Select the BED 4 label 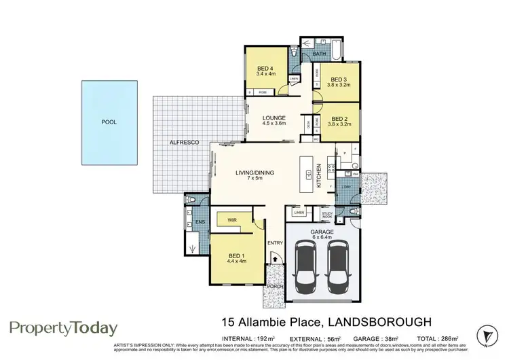point(265,69)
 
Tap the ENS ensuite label point(200,221)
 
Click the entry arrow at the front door point(275,257)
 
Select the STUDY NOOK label point(326,215)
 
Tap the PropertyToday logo point(63,329)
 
